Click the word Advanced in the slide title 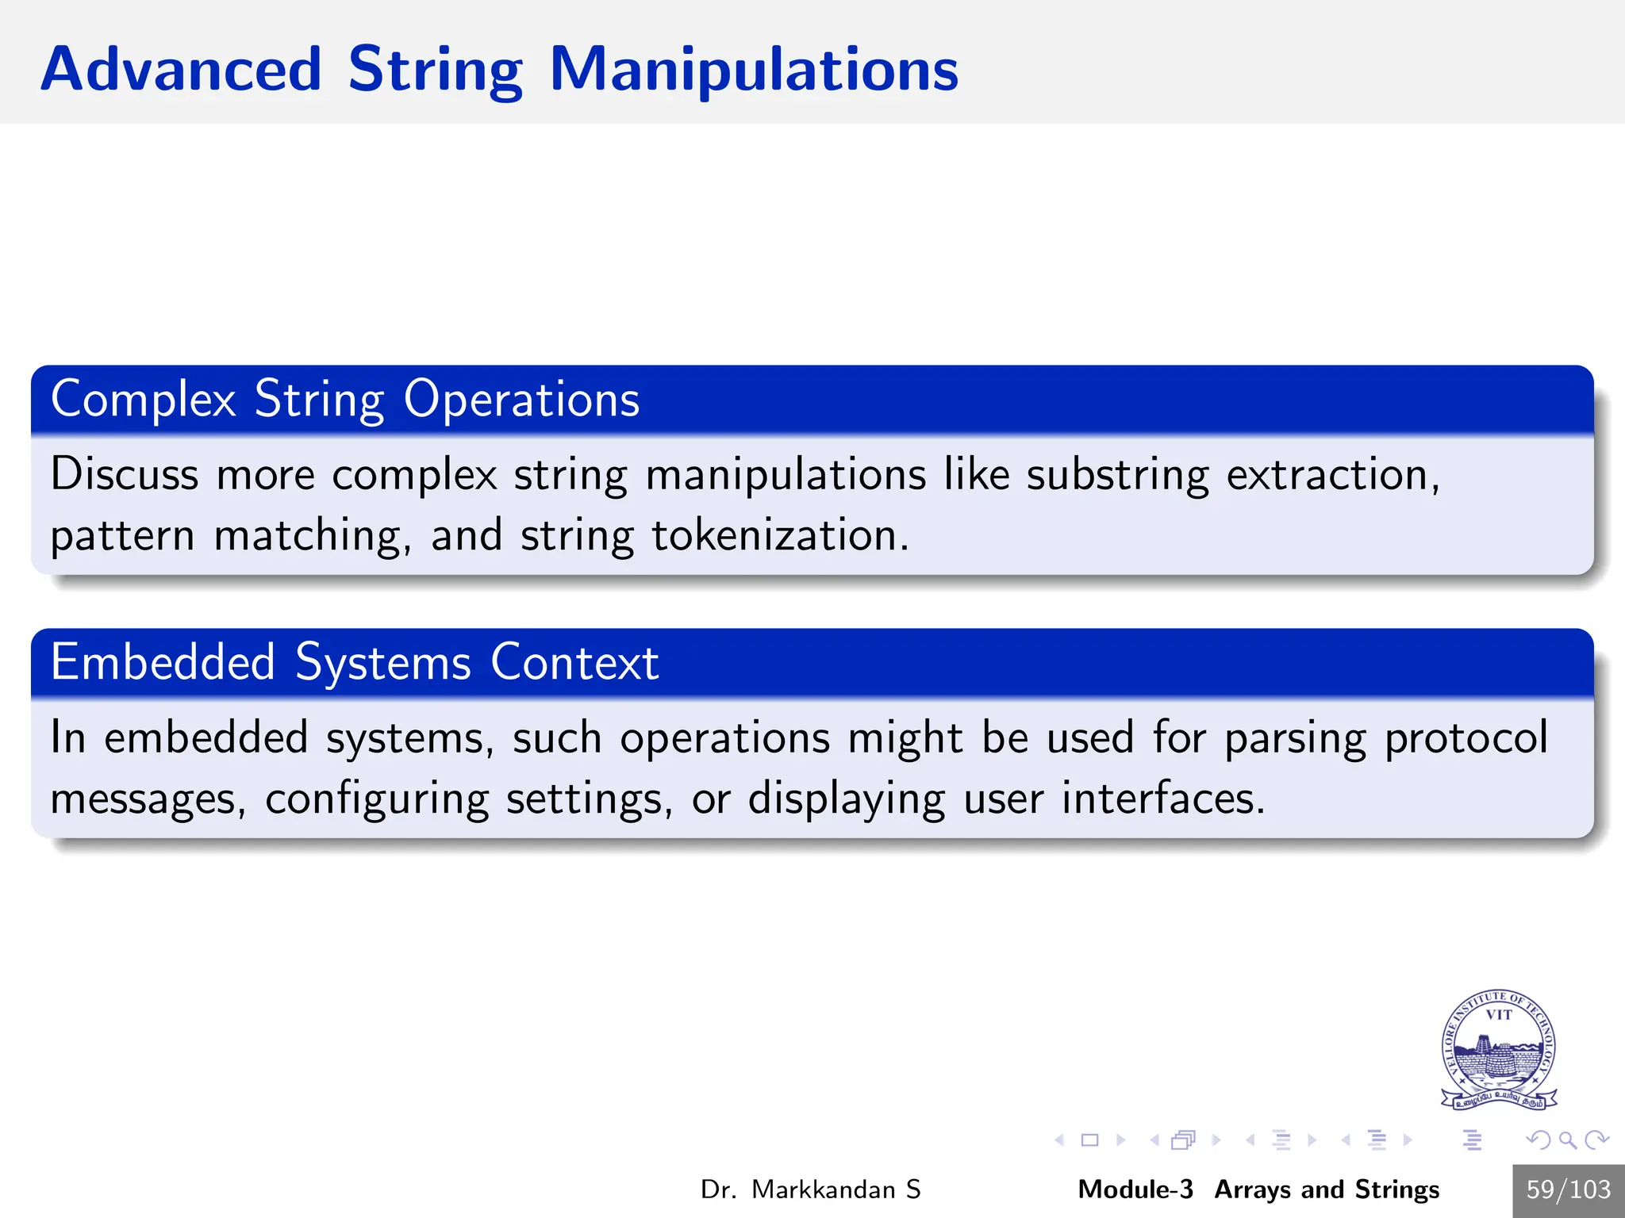pos(181,70)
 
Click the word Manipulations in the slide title pos(753,70)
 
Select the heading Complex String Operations pos(345,399)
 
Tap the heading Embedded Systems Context pos(355,662)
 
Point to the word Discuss pos(125,475)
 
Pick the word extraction pos(1331,475)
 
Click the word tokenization pos(779,536)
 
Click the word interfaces pos(1162,799)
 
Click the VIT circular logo pos(1498,1048)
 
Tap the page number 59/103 pos(1568,1189)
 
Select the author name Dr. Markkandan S pos(810,1189)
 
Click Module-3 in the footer pos(1135,1189)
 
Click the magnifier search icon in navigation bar pos(1567,1140)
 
